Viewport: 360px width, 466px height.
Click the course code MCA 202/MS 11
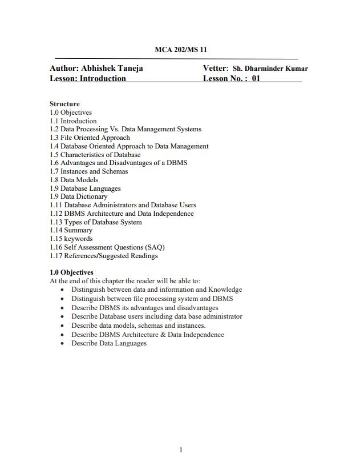(x=180, y=50)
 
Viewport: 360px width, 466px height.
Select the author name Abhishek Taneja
(x=112, y=68)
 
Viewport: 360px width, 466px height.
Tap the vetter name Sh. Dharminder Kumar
(x=270, y=69)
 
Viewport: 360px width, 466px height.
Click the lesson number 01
(x=256, y=79)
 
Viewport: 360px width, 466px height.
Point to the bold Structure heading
(x=64, y=104)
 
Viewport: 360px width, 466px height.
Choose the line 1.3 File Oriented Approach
(x=90, y=138)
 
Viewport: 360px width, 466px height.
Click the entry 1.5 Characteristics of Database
(x=95, y=154)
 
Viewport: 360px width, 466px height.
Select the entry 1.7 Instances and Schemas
(x=88, y=171)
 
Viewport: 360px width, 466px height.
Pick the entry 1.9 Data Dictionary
(x=78, y=196)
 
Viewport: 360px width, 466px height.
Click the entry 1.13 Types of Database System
(x=95, y=222)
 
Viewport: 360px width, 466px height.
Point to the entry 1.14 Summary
(x=71, y=230)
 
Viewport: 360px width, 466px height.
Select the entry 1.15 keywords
(x=71, y=239)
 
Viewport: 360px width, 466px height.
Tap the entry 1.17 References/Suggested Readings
(x=103, y=256)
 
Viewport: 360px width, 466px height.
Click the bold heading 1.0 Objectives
(x=71, y=272)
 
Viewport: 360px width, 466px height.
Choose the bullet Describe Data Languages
(x=108, y=343)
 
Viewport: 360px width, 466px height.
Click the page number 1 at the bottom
(x=181, y=450)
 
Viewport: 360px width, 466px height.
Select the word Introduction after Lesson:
(x=103, y=79)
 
